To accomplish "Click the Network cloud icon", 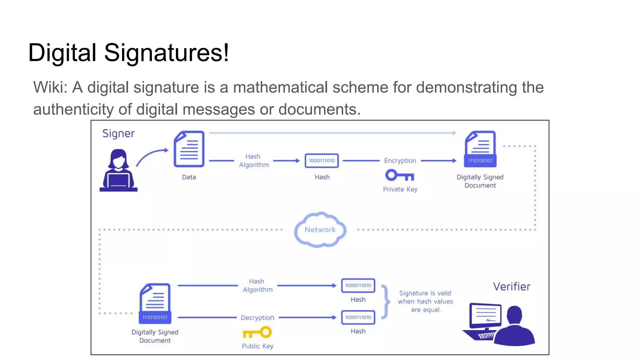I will (320, 230).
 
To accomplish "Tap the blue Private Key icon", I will (399, 175).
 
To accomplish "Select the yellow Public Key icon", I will (257, 332).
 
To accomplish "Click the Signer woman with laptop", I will (118, 170).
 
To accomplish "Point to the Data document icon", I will (189, 149).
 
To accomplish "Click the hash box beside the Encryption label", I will (322, 161).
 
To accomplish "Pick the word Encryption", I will (400, 161).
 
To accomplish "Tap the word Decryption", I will (257, 317).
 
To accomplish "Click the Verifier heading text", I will (512, 287).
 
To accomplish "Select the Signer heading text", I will (118, 133).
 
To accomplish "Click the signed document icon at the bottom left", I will (155, 303).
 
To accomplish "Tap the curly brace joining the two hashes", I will (386, 302).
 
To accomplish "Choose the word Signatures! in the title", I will (167, 52).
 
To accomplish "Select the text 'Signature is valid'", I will (425, 293).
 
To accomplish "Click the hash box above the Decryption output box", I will (358, 285).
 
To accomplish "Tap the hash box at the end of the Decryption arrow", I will (358, 317).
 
